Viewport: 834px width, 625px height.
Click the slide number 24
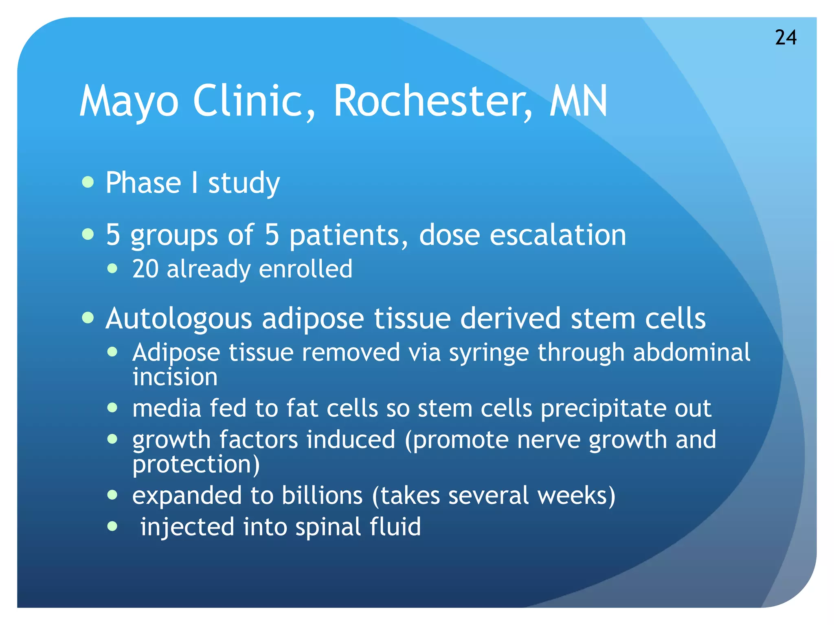coord(786,37)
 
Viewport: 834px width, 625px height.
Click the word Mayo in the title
coord(129,101)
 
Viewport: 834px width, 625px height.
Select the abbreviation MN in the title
coord(578,101)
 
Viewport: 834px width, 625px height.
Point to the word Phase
coord(143,183)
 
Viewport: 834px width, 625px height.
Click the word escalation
coord(557,235)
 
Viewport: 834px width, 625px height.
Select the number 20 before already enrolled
coord(145,269)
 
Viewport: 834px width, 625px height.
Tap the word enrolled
coord(305,269)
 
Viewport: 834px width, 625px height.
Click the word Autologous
coord(179,318)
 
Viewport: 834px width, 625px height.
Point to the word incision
coord(175,377)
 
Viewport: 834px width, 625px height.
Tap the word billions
coord(322,496)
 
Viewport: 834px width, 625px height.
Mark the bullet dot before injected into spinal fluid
coord(112,527)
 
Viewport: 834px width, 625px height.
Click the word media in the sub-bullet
coord(167,408)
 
